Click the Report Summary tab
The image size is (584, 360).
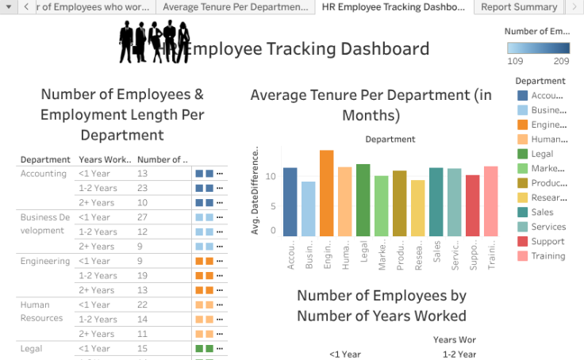[x=519, y=7]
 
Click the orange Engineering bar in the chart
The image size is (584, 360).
[x=326, y=193]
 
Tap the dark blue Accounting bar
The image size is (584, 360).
[x=290, y=201]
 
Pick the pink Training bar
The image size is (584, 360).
[x=490, y=201]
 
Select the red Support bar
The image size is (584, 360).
[x=472, y=205]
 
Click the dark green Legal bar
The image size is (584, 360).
[x=363, y=200]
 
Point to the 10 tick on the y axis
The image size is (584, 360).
[x=271, y=176]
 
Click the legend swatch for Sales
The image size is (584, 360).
[x=522, y=213]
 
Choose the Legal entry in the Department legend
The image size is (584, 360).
[x=542, y=154]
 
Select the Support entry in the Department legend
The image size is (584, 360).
[x=547, y=241]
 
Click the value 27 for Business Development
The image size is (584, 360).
[x=142, y=217]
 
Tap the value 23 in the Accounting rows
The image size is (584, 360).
[x=142, y=188]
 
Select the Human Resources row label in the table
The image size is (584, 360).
[x=41, y=311]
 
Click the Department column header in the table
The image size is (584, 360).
[x=45, y=159]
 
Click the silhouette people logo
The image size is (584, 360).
[x=154, y=41]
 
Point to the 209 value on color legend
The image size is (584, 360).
[x=561, y=61]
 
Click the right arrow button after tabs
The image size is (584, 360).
[x=574, y=7]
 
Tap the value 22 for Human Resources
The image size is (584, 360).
[x=142, y=304]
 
